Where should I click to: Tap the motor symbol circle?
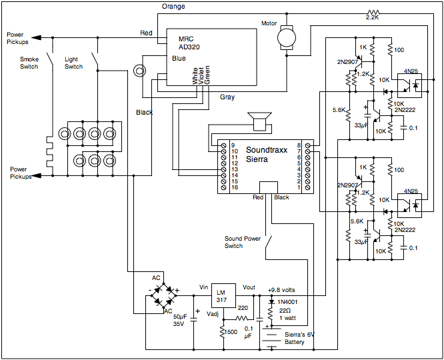(287, 37)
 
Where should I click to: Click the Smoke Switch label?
(29, 63)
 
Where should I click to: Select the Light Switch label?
(73, 63)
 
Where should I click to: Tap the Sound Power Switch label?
(243, 241)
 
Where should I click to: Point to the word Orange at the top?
(173, 6)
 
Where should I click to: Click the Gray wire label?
(227, 97)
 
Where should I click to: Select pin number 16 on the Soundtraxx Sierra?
(234, 188)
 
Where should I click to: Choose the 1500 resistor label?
(231, 331)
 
